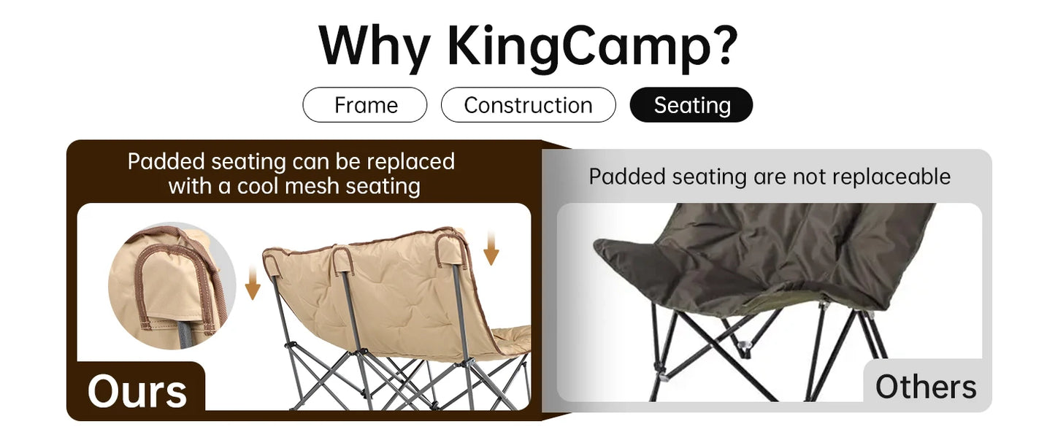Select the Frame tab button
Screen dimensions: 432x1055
click(365, 105)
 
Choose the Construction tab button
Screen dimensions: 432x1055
click(528, 105)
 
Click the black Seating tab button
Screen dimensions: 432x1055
click(691, 105)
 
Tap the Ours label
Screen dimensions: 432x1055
click(137, 391)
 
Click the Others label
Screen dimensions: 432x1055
click(925, 387)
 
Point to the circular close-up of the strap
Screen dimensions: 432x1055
click(172, 285)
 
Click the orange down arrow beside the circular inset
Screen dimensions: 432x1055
click(253, 284)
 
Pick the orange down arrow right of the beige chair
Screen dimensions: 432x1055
click(491, 248)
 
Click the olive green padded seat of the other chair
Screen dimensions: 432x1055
click(767, 255)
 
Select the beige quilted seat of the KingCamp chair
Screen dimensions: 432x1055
click(387, 292)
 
